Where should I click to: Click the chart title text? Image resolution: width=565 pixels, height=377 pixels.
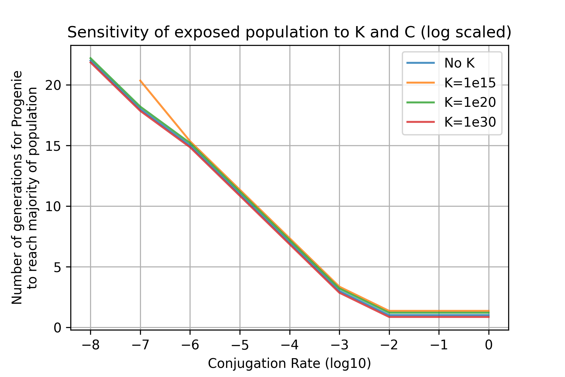pyautogui.click(x=289, y=33)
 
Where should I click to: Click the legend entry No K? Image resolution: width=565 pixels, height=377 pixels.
pyautogui.click(x=460, y=63)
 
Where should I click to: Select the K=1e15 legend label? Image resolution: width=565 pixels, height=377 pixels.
pyautogui.click(x=470, y=83)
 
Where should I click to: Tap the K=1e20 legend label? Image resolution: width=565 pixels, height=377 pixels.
pyautogui.click(x=470, y=102)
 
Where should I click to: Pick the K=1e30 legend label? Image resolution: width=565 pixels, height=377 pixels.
pyautogui.click(x=470, y=122)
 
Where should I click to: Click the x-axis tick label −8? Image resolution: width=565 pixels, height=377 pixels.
pyautogui.click(x=90, y=345)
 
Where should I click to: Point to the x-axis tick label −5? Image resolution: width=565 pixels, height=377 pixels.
pyautogui.click(x=240, y=345)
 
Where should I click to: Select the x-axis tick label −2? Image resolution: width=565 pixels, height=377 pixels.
pyautogui.click(x=389, y=345)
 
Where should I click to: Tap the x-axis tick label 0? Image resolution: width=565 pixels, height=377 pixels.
pyautogui.click(x=488, y=345)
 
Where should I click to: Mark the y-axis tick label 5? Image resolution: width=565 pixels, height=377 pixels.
pyautogui.click(x=57, y=267)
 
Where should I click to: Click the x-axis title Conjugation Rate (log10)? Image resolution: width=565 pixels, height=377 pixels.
pyautogui.click(x=289, y=363)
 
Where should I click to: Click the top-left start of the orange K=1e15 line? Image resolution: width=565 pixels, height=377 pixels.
pyautogui.click(x=140, y=80)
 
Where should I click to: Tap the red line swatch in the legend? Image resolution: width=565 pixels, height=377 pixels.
pyautogui.click(x=421, y=122)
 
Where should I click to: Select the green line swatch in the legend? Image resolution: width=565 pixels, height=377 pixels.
pyautogui.click(x=421, y=102)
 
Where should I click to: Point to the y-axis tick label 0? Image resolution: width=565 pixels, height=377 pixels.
pyautogui.click(x=57, y=328)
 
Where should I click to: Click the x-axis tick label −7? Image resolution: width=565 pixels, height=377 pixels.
pyautogui.click(x=140, y=345)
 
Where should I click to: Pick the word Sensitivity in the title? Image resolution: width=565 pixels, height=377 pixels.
pyautogui.click(x=101, y=33)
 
